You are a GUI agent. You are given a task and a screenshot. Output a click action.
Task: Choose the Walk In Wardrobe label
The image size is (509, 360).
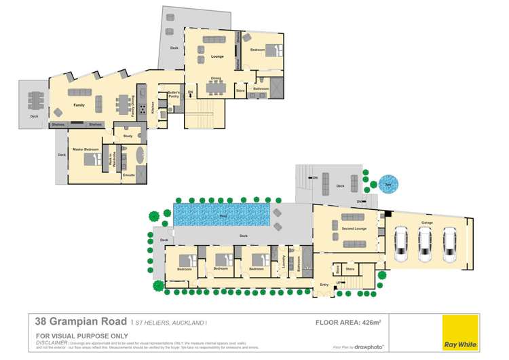pos(113,160)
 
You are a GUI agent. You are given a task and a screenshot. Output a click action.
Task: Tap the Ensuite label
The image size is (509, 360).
pos(128,175)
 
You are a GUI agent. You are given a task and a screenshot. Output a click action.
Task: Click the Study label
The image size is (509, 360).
pos(128,136)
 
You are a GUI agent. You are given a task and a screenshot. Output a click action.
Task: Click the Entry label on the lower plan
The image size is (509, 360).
pos(324,284)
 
